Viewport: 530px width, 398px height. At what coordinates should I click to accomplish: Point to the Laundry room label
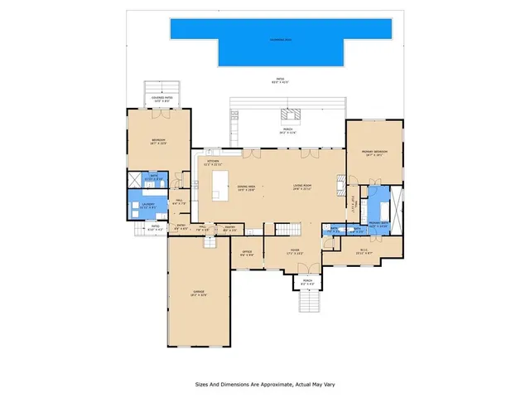[137, 206]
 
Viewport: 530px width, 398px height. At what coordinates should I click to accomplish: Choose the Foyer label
[295, 252]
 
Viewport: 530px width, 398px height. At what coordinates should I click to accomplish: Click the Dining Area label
[245, 187]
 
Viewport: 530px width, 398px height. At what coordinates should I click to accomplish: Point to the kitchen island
[219, 184]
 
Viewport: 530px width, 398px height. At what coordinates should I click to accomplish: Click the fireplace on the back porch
[292, 116]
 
